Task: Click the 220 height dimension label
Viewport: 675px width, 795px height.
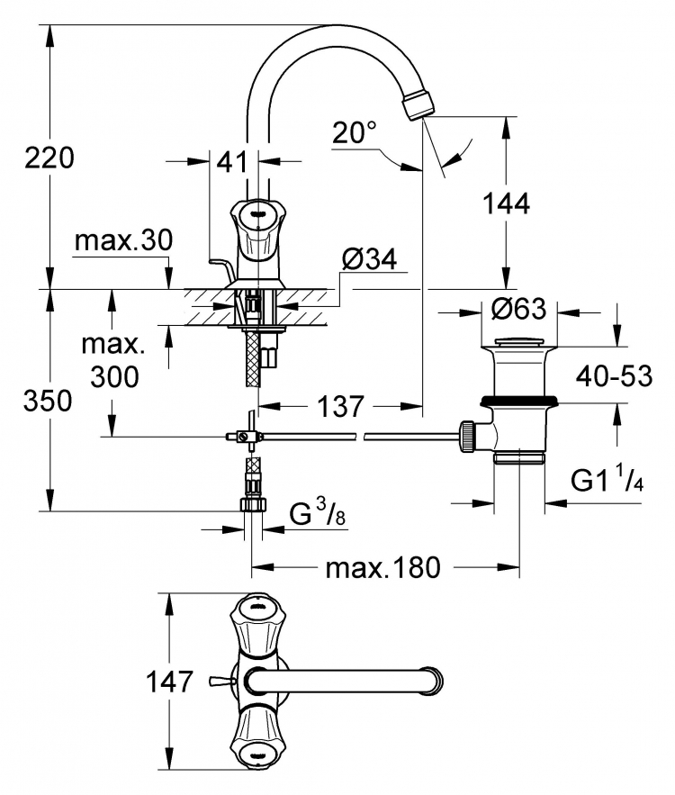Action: coord(49,158)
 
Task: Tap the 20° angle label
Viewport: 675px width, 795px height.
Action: coord(355,133)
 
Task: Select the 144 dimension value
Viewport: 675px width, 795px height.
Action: coord(506,203)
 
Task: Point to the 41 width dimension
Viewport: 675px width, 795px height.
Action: coord(232,162)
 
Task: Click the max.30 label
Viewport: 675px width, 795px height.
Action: coord(123,240)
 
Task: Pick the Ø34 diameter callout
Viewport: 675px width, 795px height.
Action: coord(369,259)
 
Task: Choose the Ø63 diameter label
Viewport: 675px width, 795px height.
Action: coord(519,309)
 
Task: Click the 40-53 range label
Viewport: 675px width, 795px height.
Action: coord(614,375)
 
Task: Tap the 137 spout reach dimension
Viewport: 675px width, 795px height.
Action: coord(340,406)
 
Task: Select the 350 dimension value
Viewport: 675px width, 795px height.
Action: coord(48,401)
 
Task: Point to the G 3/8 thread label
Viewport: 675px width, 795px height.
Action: coord(318,513)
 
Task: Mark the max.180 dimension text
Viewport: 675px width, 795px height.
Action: coord(383,568)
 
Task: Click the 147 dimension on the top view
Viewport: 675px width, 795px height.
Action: coord(170,682)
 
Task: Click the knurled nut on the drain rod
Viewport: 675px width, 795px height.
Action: coord(466,436)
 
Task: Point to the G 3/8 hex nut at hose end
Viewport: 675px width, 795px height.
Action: coord(253,504)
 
